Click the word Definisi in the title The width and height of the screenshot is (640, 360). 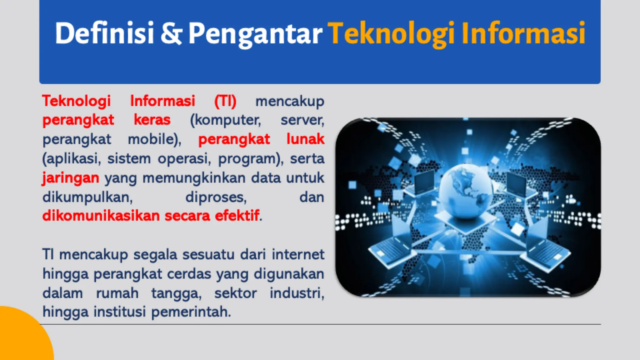coord(104,33)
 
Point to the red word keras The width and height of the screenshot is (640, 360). coord(152,120)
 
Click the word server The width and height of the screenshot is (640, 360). coord(302,120)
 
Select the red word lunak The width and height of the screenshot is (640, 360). coord(305,139)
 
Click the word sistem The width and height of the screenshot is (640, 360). coord(129,158)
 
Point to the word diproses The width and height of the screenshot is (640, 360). coord(216,197)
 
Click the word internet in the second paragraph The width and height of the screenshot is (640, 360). coord(298,254)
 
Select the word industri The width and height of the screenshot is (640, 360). coord(296,293)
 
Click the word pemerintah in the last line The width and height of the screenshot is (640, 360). coord(191,312)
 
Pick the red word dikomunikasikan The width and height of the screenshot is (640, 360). coord(101,216)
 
